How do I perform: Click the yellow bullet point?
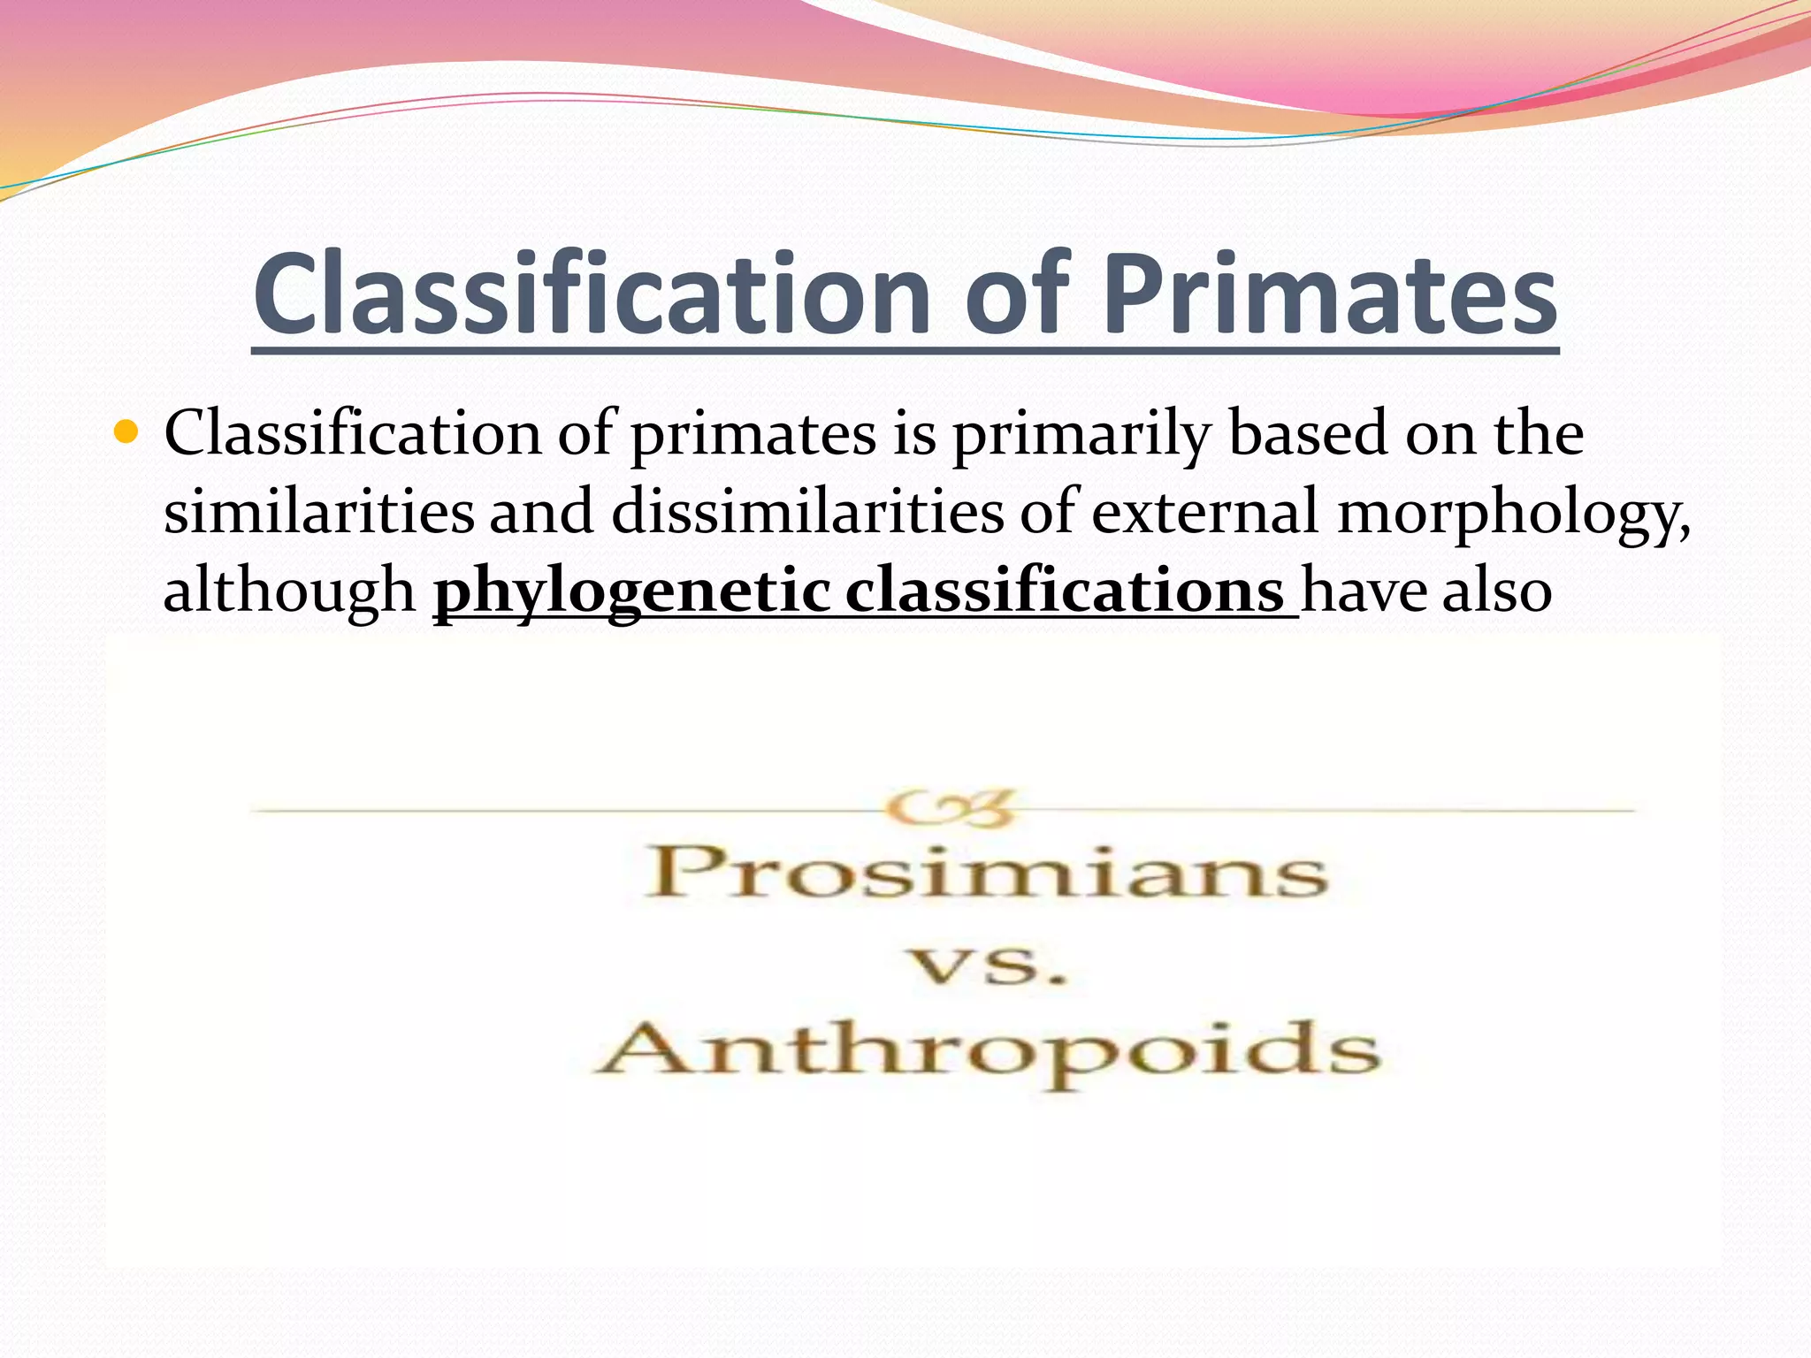pos(127,433)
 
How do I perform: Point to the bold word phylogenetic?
pos(631,591)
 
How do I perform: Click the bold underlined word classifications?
pos(1064,591)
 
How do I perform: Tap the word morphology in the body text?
pos(1513,513)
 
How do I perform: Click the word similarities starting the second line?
pos(319,513)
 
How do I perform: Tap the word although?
pos(289,591)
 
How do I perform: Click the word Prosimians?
pos(987,874)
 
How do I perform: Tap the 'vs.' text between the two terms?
pos(989,966)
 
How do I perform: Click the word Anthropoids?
pos(987,1052)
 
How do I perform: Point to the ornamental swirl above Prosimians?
pos(951,808)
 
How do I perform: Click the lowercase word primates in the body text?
pos(753,435)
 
